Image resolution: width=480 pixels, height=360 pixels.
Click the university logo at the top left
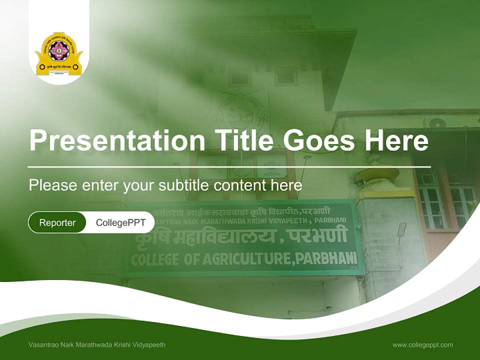pyautogui.click(x=59, y=54)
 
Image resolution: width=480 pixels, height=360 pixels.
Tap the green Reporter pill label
pyautogui.click(x=57, y=222)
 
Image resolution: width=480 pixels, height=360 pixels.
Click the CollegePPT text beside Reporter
pyautogui.click(x=120, y=222)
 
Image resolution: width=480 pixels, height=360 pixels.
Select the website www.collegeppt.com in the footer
pyautogui.click(x=422, y=345)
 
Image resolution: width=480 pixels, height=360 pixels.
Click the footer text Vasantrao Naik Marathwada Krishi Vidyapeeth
pyautogui.click(x=97, y=345)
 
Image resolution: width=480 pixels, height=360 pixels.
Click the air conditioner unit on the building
pyautogui.click(x=435, y=123)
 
